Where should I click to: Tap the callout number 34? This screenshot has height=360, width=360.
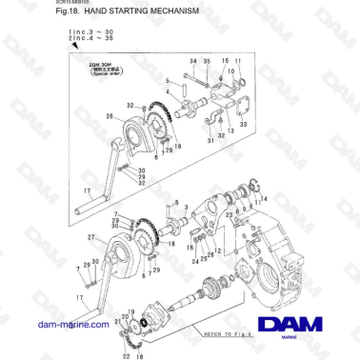[x=192, y=61]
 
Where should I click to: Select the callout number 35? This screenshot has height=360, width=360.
[x=207, y=61]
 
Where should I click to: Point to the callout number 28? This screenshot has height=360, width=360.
[x=110, y=118]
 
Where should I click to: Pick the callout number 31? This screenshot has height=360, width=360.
[x=209, y=142]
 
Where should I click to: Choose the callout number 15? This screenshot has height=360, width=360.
[x=226, y=61]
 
